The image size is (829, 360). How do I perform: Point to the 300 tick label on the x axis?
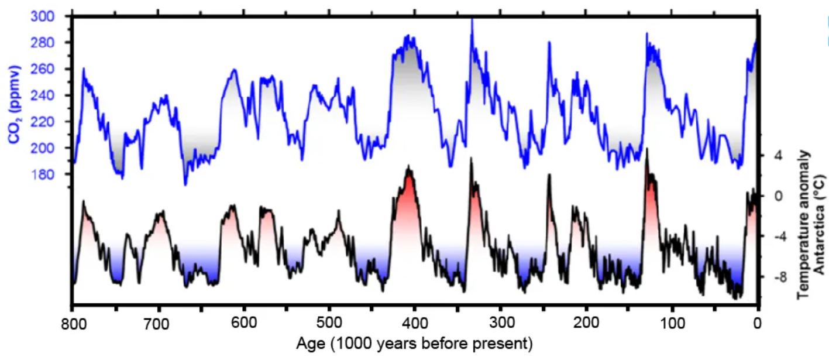501,323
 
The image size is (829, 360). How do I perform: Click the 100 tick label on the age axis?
672,323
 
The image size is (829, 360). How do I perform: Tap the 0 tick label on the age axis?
758,323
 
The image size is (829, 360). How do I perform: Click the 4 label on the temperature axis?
778,156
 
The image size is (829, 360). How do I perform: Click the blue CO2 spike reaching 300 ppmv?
472,20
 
